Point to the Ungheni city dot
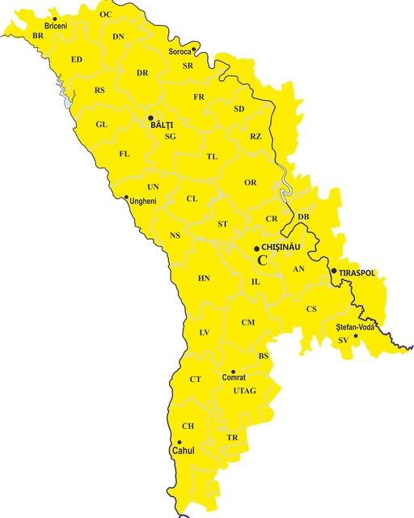pyautogui.click(x=126, y=197)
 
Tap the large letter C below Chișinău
pyautogui.click(x=263, y=260)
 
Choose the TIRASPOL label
pyautogui.click(x=357, y=274)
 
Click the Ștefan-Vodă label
pyautogui.click(x=357, y=326)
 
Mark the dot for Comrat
pyautogui.click(x=234, y=371)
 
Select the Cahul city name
pyautogui.click(x=183, y=451)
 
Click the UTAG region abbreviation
pyautogui.click(x=244, y=391)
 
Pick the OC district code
pyautogui.click(x=106, y=15)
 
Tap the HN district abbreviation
pyautogui.click(x=204, y=278)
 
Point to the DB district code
pyautogui.click(x=303, y=217)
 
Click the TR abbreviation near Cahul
pyautogui.click(x=233, y=438)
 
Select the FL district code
pyautogui.click(x=124, y=154)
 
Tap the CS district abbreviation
pyautogui.click(x=311, y=309)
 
